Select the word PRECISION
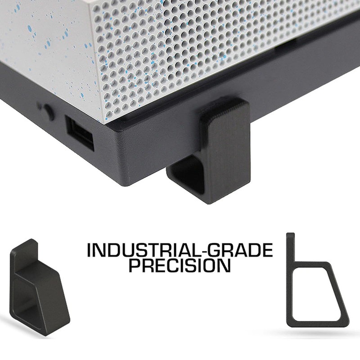coord(180,265)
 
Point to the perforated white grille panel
coord(189,54)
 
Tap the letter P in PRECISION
coord(134,265)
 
